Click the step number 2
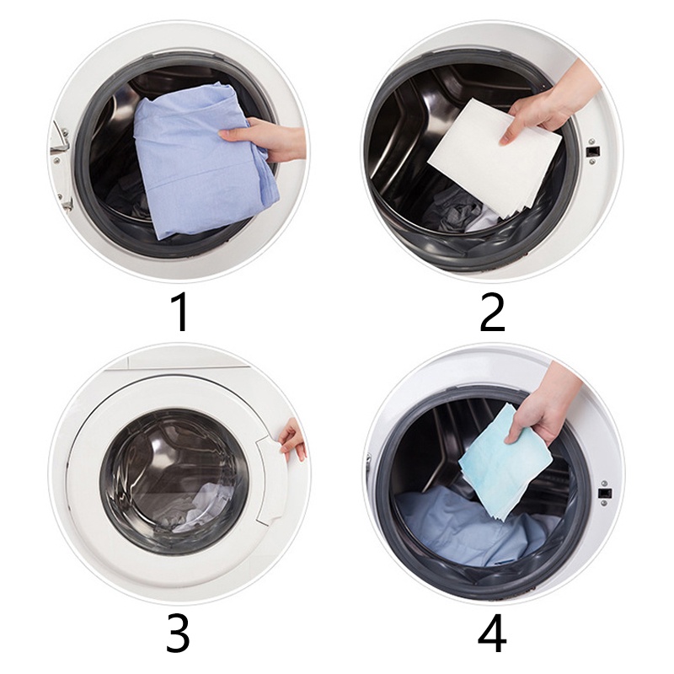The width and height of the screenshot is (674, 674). (x=493, y=313)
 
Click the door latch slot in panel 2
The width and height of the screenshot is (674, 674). (x=593, y=151)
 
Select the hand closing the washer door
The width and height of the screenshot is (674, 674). (x=293, y=439)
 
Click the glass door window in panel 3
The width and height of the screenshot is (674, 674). (x=174, y=480)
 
